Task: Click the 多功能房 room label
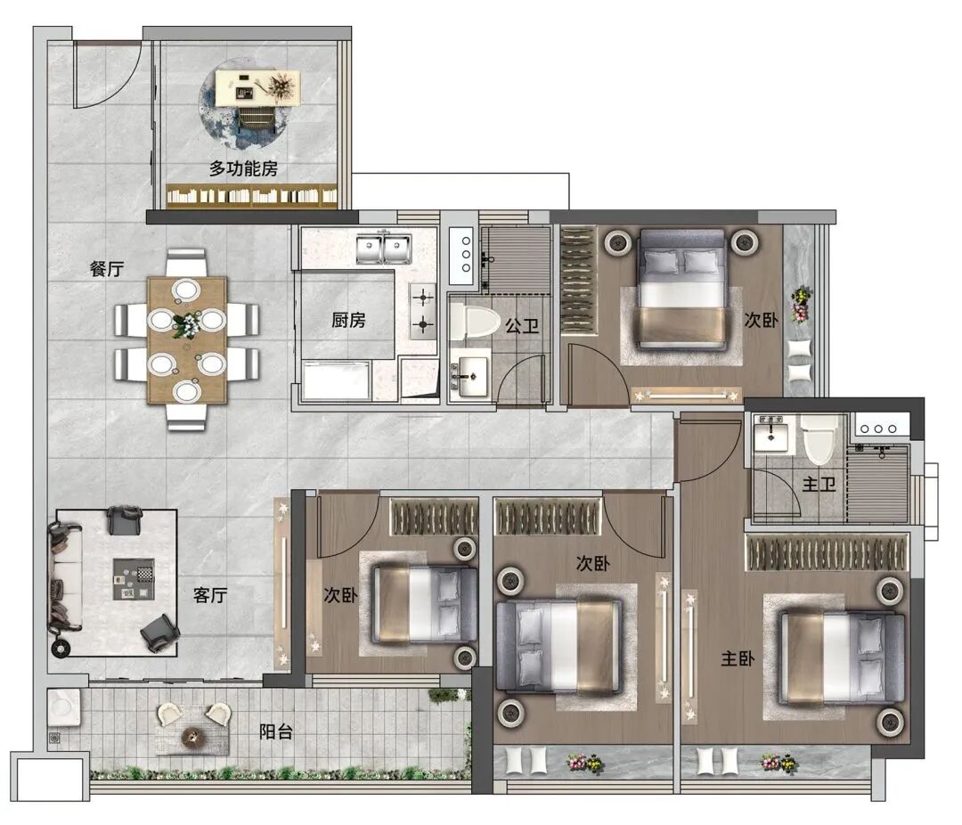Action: click(x=243, y=168)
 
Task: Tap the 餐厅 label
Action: click(x=107, y=269)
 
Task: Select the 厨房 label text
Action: click(x=348, y=320)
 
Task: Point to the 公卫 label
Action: click(x=522, y=326)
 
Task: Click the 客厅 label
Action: click(x=210, y=595)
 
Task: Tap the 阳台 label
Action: click(x=275, y=731)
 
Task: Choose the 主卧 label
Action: click(x=738, y=658)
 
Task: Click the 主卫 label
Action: click(x=819, y=485)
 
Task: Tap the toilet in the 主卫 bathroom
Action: click(x=819, y=440)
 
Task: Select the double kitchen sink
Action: click(x=384, y=248)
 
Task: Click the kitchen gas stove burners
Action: click(x=423, y=311)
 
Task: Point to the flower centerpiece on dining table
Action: click(x=186, y=324)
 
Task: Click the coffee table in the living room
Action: click(x=134, y=579)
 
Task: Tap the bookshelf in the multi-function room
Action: click(x=252, y=196)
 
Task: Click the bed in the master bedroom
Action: click(x=842, y=658)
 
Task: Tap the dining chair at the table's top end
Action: click(x=186, y=263)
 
